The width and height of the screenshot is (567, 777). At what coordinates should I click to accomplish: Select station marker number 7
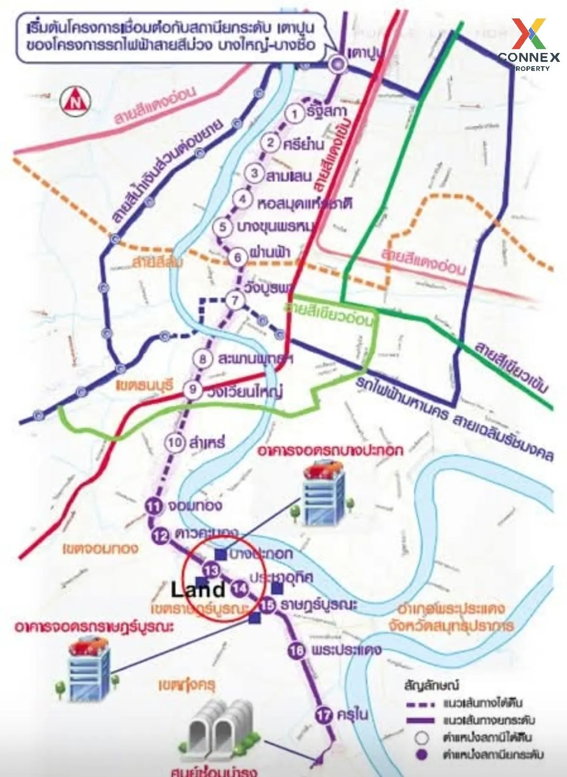pyautogui.click(x=235, y=300)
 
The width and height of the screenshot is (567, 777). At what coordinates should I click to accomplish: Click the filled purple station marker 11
pyautogui.click(x=154, y=507)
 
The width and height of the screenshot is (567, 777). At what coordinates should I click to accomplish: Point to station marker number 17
pyautogui.click(x=324, y=715)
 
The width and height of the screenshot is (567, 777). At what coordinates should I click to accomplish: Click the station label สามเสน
pyautogui.click(x=289, y=176)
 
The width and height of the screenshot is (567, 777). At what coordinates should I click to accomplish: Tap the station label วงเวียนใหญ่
pyautogui.click(x=245, y=391)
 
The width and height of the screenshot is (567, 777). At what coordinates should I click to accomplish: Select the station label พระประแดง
pyautogui.click(x=346, y=650)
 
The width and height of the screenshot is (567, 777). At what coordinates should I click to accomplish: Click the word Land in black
pyautogui.click(x=198, y=589)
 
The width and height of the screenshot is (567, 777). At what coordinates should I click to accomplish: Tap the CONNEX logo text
pyautogui.click(x=529, y=57)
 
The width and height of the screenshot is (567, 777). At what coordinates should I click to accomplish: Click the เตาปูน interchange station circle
pyautogui.click(x=338, y=64)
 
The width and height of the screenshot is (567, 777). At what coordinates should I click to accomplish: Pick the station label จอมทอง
pyautogui.click(x=195, y=506)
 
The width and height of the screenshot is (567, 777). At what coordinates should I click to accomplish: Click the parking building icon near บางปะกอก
pyautogui.click(x=323, y=494)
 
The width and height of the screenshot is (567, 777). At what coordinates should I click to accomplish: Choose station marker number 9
pyautogui.click(x=193, y=390)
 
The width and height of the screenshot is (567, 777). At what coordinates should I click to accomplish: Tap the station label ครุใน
pyautogui.click(x=352, y=715)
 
